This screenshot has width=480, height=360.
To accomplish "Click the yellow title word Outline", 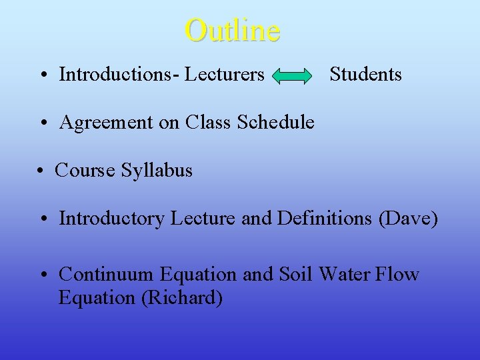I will click(x=233, y=30).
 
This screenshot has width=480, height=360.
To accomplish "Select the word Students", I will click(x=365, y=74).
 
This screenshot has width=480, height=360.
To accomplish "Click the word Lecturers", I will click(x=224, y=74).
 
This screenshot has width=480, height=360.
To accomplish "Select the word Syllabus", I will click(x=156, y=171).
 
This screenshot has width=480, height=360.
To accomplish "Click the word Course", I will click(x=85, y=170).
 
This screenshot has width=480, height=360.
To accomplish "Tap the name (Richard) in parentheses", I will click(x=182, y=297).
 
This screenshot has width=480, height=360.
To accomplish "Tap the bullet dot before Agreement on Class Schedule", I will click(x=43, y=123).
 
